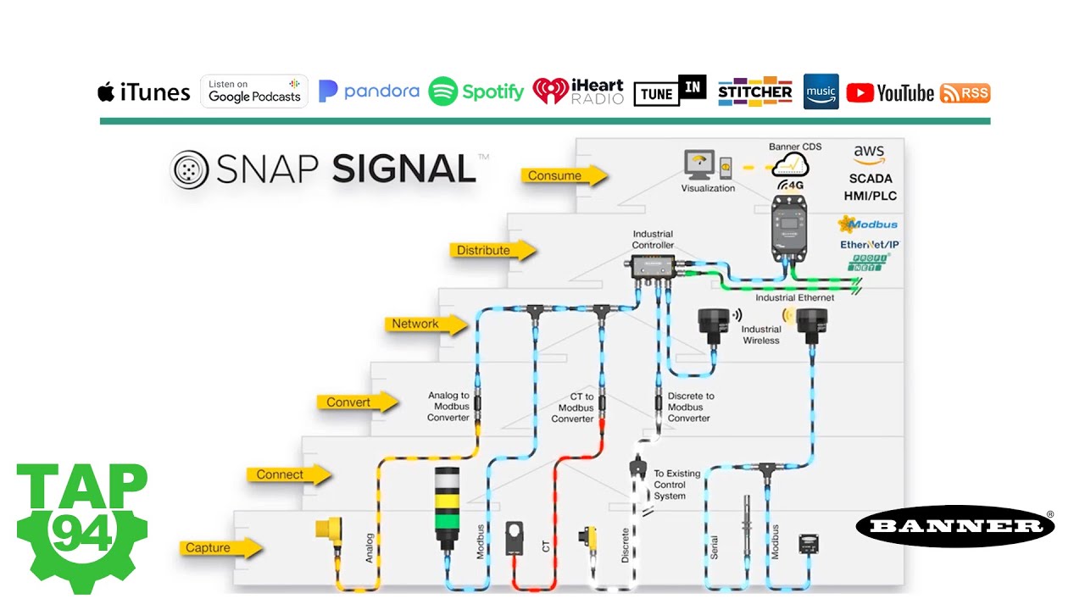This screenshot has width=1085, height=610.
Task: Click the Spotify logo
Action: tap(476, 91)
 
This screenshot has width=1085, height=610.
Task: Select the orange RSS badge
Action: tap(965, 93)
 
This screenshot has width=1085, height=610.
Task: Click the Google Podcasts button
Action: tap(254, 91)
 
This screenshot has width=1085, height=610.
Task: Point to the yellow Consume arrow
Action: tap(564, 175)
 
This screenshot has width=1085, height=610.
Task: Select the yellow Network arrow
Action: tap(425, 324)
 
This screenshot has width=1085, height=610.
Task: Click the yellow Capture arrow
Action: tap(218, 548)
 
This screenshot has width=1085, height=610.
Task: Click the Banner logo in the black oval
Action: tap(955, 526)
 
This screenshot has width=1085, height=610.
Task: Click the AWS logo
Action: tap(869, 155)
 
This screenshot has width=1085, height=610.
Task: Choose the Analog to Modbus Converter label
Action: tap(448, 407)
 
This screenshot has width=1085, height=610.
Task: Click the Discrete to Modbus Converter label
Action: tap(690, 407)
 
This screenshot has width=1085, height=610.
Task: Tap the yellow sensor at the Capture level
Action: tap(329, 530)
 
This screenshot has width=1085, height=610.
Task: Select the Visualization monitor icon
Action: tap(698, 163)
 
